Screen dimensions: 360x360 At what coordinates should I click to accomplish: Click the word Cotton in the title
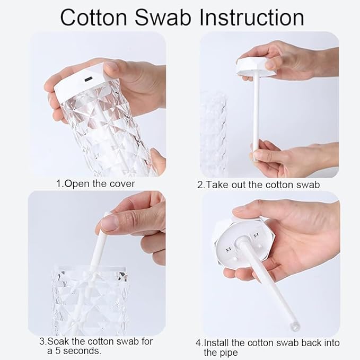pyautogui.click(x=94, y=18)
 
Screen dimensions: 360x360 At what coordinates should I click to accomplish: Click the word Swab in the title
pyautogui.click(x=163, y=17)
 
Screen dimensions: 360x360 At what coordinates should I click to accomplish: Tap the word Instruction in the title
pyautogui.click(x=252, y=17)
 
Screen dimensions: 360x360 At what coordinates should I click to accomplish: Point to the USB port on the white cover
pyautogui.click(x=89, y=80)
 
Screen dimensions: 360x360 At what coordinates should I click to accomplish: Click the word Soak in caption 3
pyautogui.click(x=58, y=341)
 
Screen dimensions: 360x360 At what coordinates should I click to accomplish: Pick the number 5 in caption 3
pyautogui.click(x=58, y=351)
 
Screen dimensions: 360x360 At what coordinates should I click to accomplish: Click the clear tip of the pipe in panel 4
pyautogui.click(x=295, y=325)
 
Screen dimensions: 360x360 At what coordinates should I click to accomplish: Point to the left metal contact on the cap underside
pyautogui.click(x=229, y=249)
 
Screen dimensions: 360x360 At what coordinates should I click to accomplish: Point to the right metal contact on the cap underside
pyautogui.click(x=256, y=235)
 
